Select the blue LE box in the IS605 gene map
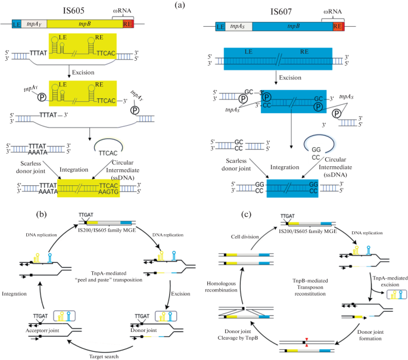click(x=16, y=24)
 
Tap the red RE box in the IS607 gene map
click(x=338, y=27)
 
